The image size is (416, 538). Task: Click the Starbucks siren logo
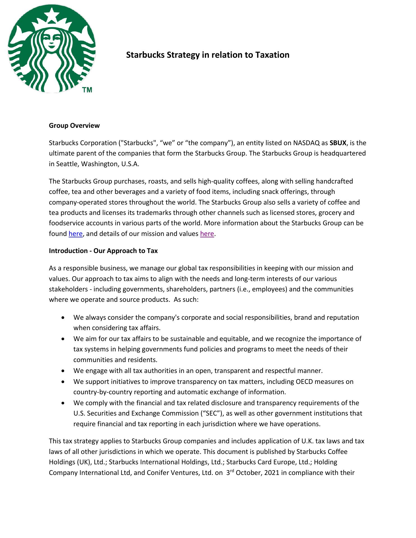[x=52, y=49]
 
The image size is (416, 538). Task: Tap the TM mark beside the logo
[x=87, y=90]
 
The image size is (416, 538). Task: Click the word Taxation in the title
[x=272, y=55]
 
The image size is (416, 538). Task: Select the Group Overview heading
[x=74, y=126]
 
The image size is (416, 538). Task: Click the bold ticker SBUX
[x=338, y=143]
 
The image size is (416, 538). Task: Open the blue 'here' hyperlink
[x=76, y=234]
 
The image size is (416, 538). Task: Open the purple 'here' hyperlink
[x=207, y=234]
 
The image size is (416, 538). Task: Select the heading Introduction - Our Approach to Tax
[x=103, y=251]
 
